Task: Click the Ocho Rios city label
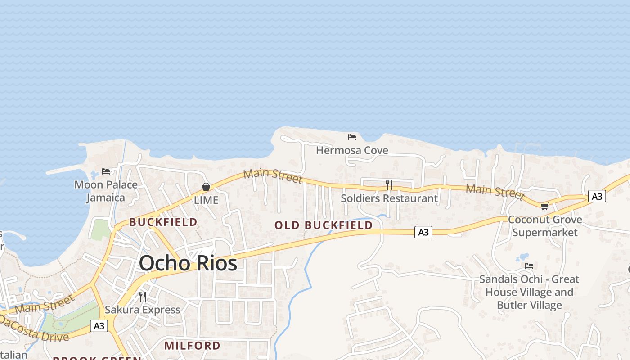188,263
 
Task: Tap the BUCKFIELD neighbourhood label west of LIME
163,222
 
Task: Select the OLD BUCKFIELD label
324,225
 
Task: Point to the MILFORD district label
192,346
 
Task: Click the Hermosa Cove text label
352,150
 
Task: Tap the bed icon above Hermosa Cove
352,137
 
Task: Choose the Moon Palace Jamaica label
106,191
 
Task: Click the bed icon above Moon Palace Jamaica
106,171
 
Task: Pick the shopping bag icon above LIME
206,186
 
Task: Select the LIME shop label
206,200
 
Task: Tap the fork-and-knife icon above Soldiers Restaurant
389,184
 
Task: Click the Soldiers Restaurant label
389,198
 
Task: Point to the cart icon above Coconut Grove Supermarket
544,206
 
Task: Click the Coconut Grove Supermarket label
545,226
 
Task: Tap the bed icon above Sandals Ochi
529,265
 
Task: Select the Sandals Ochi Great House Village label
529,292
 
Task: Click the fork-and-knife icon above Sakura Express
143,296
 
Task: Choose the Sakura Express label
143,310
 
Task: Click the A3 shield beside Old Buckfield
423,232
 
